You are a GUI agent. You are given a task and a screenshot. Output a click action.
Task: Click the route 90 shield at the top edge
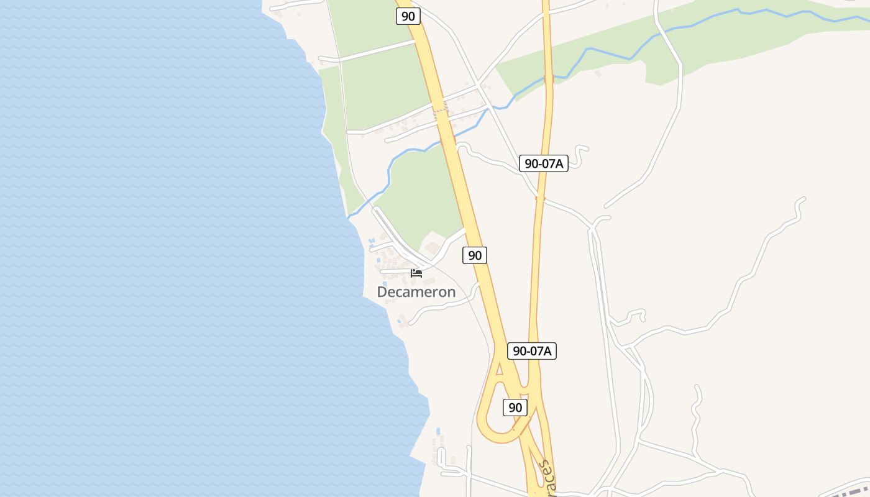(408, 16)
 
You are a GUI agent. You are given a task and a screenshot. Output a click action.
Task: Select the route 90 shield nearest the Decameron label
(475, 255)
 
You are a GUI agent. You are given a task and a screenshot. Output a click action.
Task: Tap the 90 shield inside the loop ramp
(515, 408)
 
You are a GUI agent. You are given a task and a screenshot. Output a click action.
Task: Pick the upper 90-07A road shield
(544, 163)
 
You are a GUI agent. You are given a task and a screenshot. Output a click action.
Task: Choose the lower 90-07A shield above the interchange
(532, 350)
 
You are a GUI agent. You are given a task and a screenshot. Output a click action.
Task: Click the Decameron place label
(416, 291)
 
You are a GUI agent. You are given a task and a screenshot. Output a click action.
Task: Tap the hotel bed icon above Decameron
(416, 273)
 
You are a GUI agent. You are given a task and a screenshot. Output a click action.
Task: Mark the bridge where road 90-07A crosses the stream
(549, 78)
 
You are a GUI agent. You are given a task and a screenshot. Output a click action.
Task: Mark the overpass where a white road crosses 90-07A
(540, 199)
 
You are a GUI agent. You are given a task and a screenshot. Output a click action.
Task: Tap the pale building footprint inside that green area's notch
(433, 248)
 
